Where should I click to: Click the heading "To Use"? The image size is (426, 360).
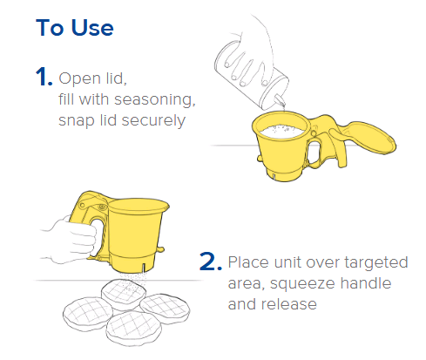(75, 28)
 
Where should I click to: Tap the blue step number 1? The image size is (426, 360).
(44, 77)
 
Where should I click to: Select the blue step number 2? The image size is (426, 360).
(211, 262)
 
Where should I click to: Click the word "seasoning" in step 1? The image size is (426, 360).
(155, 100)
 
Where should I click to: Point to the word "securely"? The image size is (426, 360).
(153, 121)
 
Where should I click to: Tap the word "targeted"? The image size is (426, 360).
(376, 262)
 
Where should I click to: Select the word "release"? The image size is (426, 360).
(288, 304)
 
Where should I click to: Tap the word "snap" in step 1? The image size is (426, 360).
(77, 121)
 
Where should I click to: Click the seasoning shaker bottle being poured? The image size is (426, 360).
(252, 75)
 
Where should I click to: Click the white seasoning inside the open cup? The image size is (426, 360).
(281, 132)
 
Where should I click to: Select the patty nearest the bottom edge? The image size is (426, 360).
(133, 329)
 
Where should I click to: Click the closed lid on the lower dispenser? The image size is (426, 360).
(139, 205)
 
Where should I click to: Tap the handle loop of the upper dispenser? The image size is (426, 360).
(314, 153)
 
